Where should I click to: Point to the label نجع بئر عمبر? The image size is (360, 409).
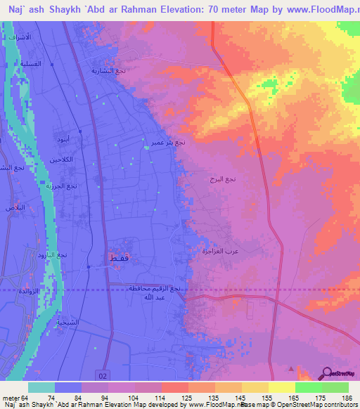pos(167,142)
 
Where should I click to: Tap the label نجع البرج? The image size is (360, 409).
pos(222,180)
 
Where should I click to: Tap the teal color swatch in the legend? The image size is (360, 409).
pos(41,387)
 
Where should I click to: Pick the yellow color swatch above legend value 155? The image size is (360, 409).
pos(255,387)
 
